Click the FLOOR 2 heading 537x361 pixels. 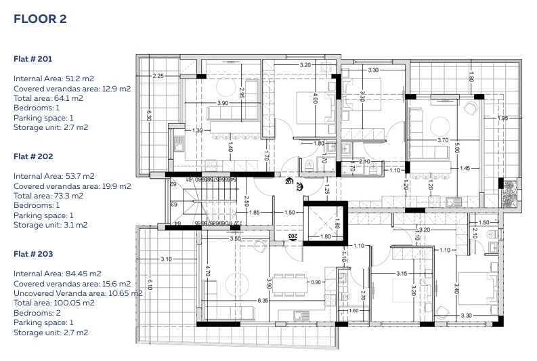coord(40,19)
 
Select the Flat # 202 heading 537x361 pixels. coord(33,156)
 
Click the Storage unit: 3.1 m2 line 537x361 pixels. coord(51,225)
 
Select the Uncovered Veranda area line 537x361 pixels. coord(78,293)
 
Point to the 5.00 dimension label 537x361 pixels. coord(458,147)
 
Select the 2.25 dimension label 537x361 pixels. coord(158,75)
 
